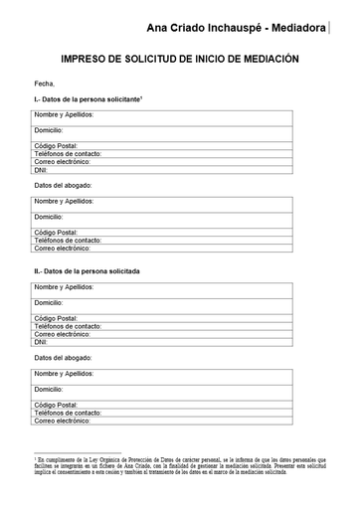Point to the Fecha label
tap(45, 85)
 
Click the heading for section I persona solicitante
tap(88, 101)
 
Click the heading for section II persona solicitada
tap(87, 270)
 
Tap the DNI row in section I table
tap(42, 170)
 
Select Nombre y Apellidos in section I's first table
tap(64, 117)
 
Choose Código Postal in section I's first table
tap(56, 146)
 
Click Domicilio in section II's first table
tap(50, 302)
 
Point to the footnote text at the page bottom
tap(179, 467)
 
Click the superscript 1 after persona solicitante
tap(143, 98)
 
